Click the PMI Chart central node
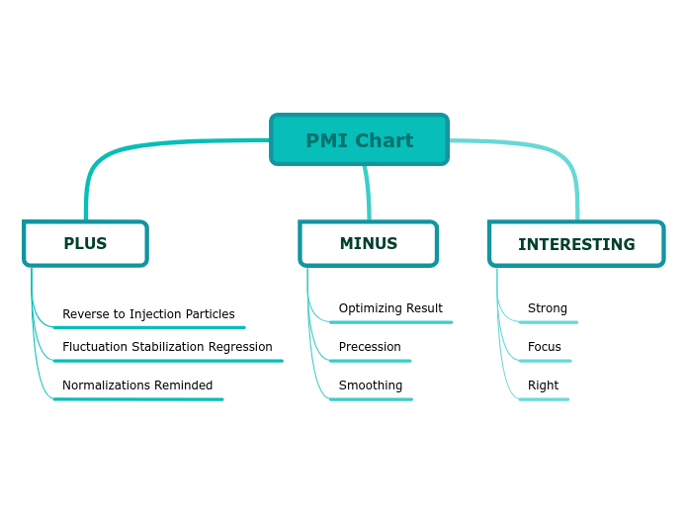pyautogui.click(x=359, y=139)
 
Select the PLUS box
pyautogui.click(x=85, y=243)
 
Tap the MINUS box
pyautogui.click(x=368, y=243)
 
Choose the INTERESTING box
pyautogui.click(x=576, y=244)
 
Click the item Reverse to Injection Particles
pyautogui.click(x=148, y=314)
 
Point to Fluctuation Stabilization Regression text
pyautogui.click(x=167, y=347)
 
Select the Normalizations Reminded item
pyautogui.click(x=137, y=385)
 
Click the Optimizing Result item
pyautogui.click(x=390, y=308)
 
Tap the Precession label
pyautogui.click(x=370, y=347)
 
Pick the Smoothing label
pyautogui.click(x=371, y=385)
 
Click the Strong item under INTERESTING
pyautogui.click(x=548, y=308)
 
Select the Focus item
pyautogui.click(x=545, y=347)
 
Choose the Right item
pyautogui.click(x=543, y=385)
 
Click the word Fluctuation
pyautogui.click(x=94, y=347)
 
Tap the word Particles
pyautogui.click(x=209, y=314)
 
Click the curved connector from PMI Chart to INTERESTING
pyautogui.click(x=554, y=154)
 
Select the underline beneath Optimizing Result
pyautogui.click(x=391, y=322)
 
